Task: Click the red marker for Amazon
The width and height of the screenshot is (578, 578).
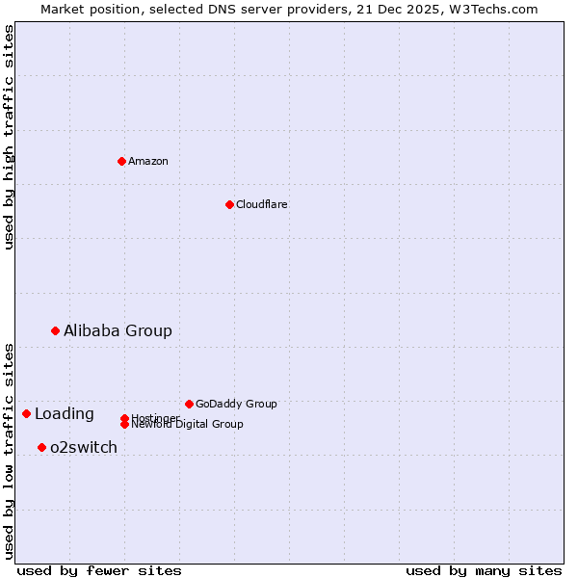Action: click(x=121, y=161)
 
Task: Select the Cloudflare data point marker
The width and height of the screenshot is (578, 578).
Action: click(x=229, y=204)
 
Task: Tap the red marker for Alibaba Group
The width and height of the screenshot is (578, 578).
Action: click(x=55, y=330)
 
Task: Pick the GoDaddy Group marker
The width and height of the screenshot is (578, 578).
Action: click(x=189, y=404)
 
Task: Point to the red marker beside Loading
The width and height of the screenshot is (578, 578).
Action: click(x=26, y=413)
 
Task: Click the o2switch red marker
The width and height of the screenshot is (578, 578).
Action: click(x=41, y=447)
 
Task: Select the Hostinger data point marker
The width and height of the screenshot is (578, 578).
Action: click(x=124, y=418)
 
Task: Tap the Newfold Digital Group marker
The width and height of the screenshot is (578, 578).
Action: click(x=124, y=424)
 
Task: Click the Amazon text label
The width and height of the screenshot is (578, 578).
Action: click(x=148, y=161)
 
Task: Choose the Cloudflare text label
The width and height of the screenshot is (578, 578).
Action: click(x=262, y=204)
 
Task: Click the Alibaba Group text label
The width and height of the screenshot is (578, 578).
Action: click(x=118, y=330)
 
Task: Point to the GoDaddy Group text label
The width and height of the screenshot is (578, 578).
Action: click(x=236, y=404)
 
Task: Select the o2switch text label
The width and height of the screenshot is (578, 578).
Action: click(x=84, y=447)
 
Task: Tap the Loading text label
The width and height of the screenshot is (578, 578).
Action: click(x=65, y=414)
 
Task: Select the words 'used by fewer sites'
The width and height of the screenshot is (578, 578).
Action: click(x=99, y=570)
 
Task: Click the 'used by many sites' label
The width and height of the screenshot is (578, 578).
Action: click(x=484, y=570)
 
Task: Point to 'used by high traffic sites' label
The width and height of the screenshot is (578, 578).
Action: click(x=9, y=137)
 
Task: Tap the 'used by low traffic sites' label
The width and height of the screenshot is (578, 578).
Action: click(x=9, y=450)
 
